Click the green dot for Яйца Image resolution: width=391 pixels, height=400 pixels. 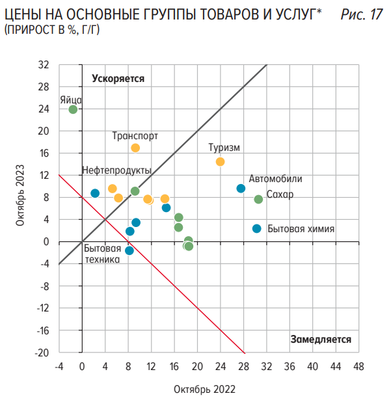coord(73,109)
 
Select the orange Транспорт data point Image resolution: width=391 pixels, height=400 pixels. coord(135,148)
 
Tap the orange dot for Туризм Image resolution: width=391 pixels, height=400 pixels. coord(220,162)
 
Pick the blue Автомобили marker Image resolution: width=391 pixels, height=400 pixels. coord(241,189)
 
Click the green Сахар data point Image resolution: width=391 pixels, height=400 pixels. coord(258,199)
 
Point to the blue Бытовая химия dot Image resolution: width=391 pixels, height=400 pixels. coord(256,228)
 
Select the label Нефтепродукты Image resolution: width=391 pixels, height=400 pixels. coord(116,170)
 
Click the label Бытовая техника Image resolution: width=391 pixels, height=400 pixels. coord(103,254)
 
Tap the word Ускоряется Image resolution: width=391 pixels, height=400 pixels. coord(118,78)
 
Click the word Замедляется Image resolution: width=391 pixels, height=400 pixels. coord(321,339)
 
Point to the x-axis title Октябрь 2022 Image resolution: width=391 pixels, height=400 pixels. coord(204,389)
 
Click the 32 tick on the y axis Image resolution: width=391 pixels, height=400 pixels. coord(44,65)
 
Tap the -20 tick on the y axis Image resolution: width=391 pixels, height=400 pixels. coord(42,353)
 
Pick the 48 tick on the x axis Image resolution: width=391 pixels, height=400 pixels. coord(358,366)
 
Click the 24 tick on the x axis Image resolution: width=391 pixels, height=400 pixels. coord(220,366)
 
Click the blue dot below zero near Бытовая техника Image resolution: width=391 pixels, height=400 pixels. coord(129,250)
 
